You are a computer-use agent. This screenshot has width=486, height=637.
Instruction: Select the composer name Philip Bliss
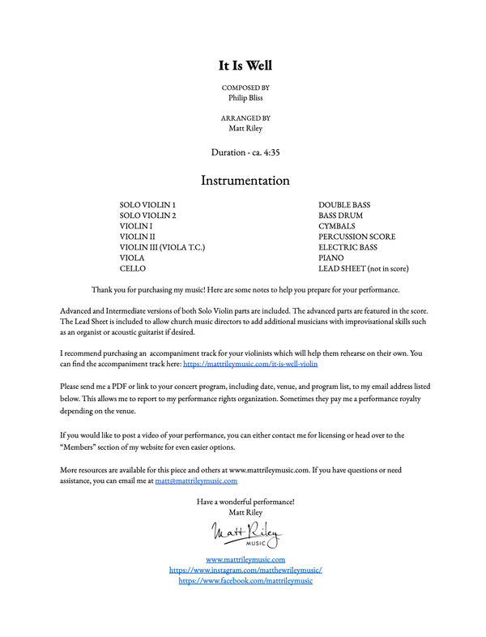[x=245, y=96]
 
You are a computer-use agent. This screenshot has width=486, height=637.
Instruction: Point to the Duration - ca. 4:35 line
[x=245, y=152]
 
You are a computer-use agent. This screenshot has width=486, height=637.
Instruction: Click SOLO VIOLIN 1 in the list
[x=147, y=205]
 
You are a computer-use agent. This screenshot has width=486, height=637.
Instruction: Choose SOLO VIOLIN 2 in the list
[x=147, y=216]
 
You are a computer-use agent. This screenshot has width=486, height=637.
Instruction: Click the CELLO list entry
[x=132, y=268]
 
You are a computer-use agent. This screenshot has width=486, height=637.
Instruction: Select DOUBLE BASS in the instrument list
[x=344, y=205]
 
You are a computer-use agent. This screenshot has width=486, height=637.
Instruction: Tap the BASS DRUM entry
[x=340, y=216]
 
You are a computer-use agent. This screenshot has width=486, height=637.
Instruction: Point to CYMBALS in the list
[x=337, y=226]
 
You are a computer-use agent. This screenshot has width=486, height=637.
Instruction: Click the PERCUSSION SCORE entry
[x=357, y=237]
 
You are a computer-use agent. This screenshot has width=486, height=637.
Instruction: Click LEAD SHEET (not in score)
[x=364, y=268]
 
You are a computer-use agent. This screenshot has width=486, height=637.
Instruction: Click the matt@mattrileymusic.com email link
[x=196, y=481]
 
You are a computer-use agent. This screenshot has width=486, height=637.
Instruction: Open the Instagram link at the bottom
[x=245, y=570]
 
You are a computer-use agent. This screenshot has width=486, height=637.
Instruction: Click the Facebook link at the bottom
[x=245, y=580]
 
